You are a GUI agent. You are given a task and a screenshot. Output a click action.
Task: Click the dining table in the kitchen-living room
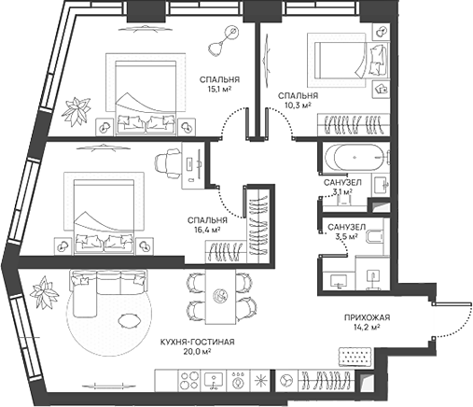point(221,297)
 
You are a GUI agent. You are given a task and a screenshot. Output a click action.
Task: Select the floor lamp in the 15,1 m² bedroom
point(226,39)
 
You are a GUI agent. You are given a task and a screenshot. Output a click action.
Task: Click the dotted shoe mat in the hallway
point(355,356)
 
